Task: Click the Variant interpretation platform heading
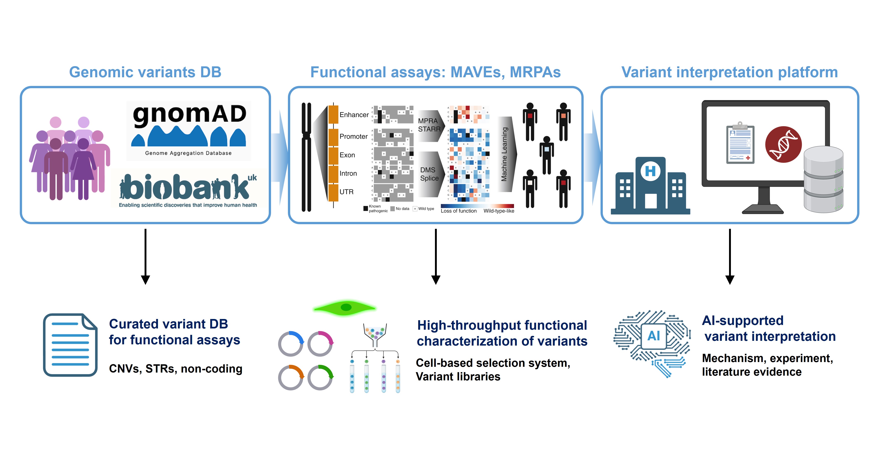[x=729, y=72]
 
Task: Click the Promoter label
[x=353, y=136]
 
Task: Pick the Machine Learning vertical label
[x=504, y=154]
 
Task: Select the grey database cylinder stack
[x=823, y=179]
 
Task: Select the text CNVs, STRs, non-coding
[x=176, y=369]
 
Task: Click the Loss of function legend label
[x=459, y=211]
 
